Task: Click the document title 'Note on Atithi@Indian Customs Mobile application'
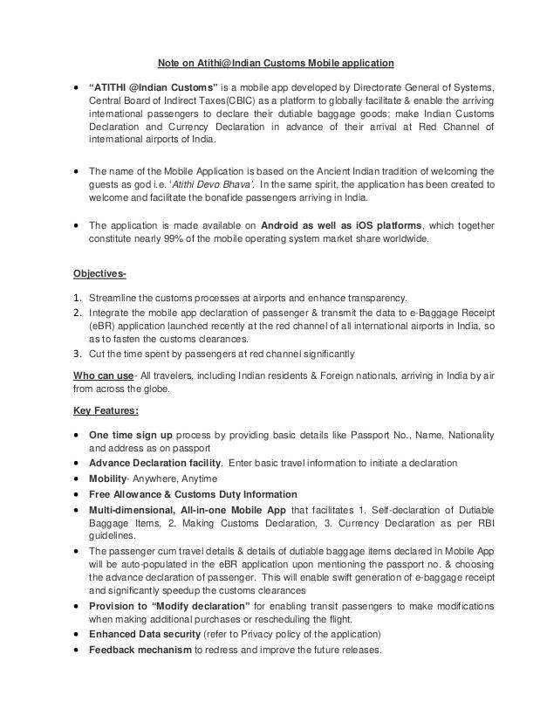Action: click(275, 63)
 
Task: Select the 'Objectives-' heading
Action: click(99, 274)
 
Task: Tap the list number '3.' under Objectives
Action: click(79, 353)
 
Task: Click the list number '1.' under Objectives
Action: click(79, 298)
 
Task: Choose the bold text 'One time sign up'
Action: click(130, 435)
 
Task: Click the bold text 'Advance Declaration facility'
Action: click(154, 463)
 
